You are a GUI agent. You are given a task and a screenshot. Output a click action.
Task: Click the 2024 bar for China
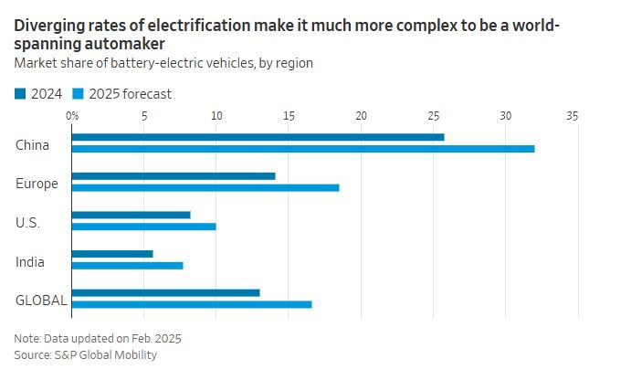[x=258, y=137]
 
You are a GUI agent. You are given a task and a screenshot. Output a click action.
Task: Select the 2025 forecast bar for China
[x=302, y=148]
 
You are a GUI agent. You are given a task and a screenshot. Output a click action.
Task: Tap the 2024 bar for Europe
[x=173, y=176]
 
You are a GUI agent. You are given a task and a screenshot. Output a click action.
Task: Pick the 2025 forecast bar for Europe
[x=205, y=187]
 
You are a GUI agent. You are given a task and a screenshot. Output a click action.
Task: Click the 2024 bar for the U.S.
[x=131, y=215]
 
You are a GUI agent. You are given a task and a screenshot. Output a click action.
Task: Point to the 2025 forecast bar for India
[x=127, y=265]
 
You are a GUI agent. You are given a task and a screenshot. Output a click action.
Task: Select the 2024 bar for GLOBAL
[x=165, y=292]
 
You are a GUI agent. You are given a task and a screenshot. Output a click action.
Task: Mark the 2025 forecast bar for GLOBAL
[x=191, y=304]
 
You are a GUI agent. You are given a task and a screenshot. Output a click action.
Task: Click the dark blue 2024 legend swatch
[x=20, y=93]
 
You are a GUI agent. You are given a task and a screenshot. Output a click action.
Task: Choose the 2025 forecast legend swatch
[x=79, y=93]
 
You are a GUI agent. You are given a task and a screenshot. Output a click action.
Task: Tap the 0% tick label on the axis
[x=72, y=116]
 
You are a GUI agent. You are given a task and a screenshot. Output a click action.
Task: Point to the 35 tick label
[x=573, y=116]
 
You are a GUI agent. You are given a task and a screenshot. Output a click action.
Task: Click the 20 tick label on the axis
[x=361, y=116]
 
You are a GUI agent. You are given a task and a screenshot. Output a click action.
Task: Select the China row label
[x=32, y=143]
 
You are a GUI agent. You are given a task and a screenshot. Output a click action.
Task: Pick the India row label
[x=30, y=262]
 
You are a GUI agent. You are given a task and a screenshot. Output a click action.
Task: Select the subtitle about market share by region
[x=163, y=63]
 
